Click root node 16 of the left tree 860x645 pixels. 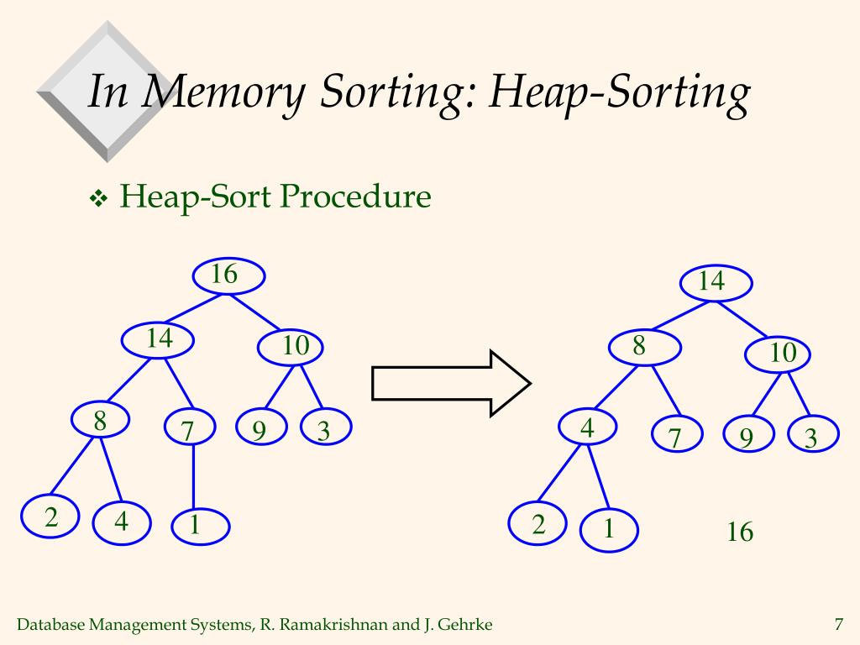228,275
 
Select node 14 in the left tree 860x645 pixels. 159,340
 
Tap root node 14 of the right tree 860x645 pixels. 716,282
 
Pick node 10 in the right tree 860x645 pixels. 778,354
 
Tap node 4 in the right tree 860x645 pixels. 587,428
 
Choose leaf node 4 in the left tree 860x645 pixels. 122,522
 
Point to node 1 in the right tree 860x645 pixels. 609,529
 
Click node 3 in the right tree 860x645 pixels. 813,437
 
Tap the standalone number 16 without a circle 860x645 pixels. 740,532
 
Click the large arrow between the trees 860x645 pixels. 450,384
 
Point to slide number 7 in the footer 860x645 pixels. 838,624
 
